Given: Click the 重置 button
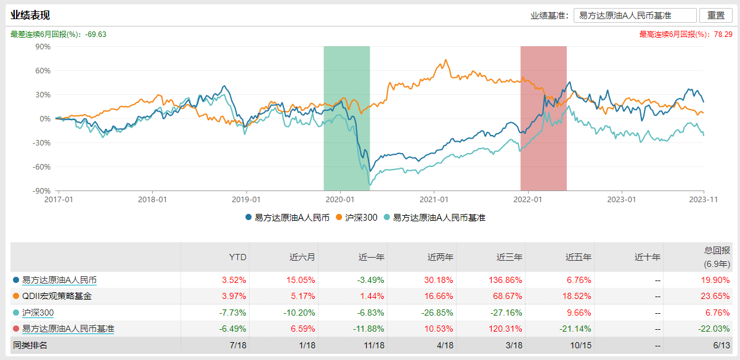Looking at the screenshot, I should (715, 15).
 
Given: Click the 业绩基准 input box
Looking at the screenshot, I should (635, 15).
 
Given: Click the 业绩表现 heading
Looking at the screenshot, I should (30, 15).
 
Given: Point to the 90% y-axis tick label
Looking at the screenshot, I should (42, 46).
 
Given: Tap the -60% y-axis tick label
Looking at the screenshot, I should (41, 166).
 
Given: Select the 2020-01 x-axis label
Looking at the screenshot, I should (340, 200).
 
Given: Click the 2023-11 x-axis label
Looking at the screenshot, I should (704, 200).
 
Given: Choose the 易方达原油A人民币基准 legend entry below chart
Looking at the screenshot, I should (439, 218).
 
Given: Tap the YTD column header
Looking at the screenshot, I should (238, 257).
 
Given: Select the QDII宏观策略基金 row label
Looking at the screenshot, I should (57, 296).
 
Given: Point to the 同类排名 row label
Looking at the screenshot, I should (30, 345).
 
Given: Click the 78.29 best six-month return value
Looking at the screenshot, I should (723, 35).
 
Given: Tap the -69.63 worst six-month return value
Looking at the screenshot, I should (96, 35).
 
